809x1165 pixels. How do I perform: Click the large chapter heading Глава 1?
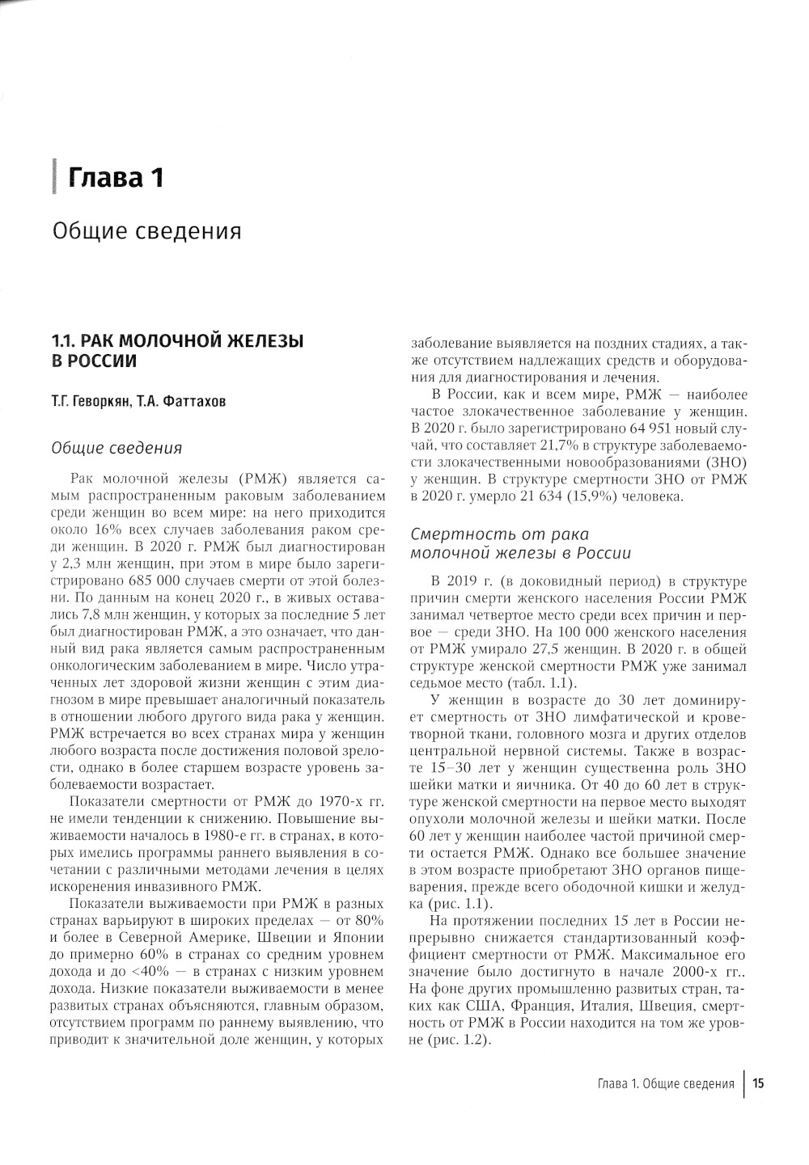point(116,177)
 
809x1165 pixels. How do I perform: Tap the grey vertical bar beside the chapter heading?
point(53,176)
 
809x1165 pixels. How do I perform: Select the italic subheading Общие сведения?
point(116,448)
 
